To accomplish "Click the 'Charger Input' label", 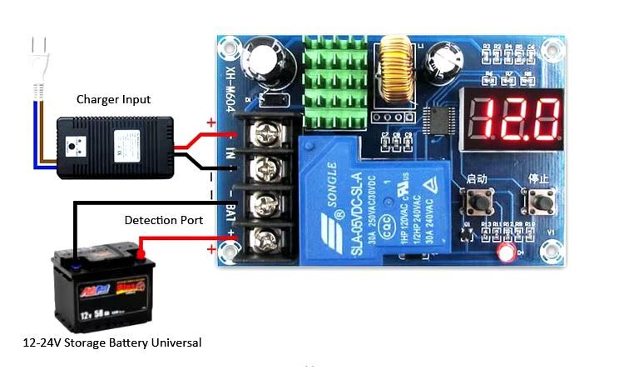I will pos(114,99).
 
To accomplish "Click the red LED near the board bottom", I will pos(503,252).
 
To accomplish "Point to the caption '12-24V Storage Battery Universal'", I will pos(112,342).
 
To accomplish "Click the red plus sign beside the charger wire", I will pos(210,123).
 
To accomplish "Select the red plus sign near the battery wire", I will pos(211,249).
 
